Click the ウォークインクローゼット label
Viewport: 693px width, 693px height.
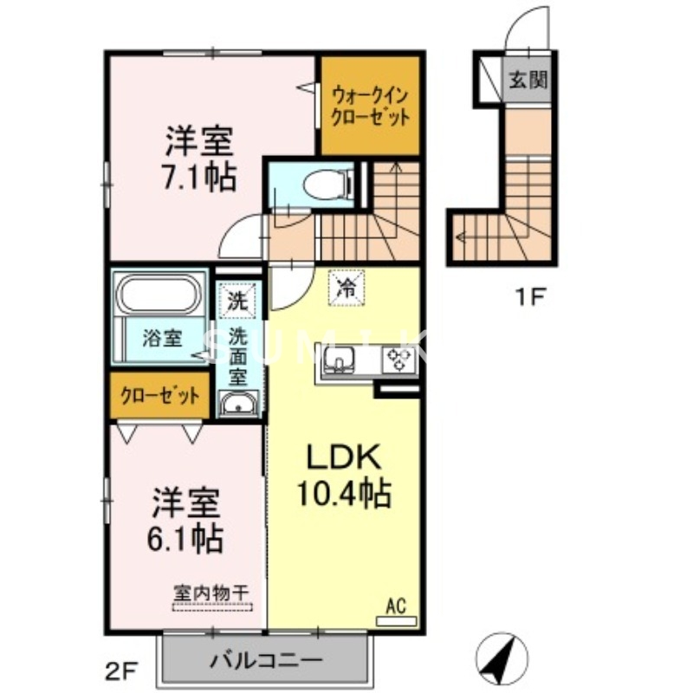(x=370, y=106)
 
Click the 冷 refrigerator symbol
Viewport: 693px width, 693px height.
(x=346, y=289)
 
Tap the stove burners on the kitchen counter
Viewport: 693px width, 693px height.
(x=399, y=359)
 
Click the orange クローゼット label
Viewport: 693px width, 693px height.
(x=160, y=396)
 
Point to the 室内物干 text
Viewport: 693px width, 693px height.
(x=210, y=593)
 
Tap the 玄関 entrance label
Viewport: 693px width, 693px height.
(x=528, y=81)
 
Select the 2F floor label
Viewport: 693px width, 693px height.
(x=123, y=668)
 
